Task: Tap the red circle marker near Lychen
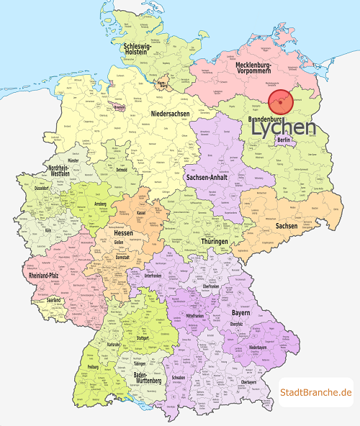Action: (280, 102)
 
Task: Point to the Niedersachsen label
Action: (171, 114)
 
